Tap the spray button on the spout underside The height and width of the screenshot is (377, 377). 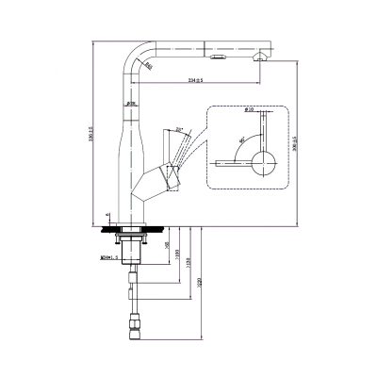pos(220,58)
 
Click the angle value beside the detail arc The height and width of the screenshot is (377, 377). pos(243,139)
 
